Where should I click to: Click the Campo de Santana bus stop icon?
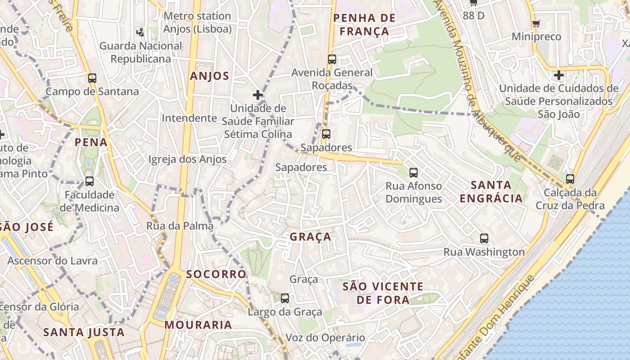[92, 78]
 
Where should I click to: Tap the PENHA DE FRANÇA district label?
[364, 25]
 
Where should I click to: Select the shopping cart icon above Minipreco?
[535, 23]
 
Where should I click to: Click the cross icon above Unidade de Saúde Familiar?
[257, 95]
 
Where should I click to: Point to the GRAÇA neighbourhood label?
[310, 237]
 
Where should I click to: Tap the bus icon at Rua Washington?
[484, 238]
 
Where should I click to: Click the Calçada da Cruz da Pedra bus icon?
[570, 179]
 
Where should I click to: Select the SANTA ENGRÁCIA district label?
[491, 191]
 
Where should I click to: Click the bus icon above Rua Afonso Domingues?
[413, 172]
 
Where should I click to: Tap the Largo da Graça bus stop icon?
[285, 298]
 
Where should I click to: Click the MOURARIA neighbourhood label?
[198, 324]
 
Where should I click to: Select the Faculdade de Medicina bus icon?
[90, 181]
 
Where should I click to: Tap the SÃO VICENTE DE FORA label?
[382, 293]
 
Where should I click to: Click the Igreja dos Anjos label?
[188, 159]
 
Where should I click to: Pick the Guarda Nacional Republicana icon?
[140, 32]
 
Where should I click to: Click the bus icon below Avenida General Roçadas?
[326, 134]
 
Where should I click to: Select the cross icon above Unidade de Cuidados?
[558, 75]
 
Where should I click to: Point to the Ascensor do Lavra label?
[52, 261]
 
